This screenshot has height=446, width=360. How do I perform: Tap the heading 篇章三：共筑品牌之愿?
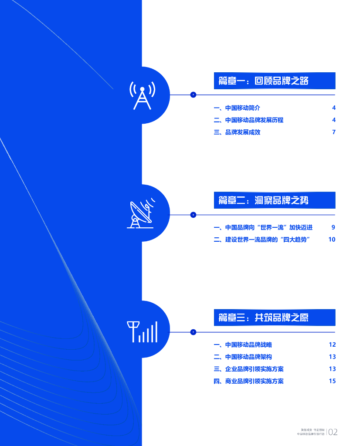tap(263, 318)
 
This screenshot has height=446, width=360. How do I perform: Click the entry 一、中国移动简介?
tap(237, 108)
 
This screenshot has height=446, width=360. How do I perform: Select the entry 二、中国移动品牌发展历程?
tap(248, 120)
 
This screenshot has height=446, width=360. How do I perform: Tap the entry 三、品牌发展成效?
tap(237, 132)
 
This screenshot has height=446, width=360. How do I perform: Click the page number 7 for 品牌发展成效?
tap(334, 132)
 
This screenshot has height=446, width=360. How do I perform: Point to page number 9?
tap(333, 227)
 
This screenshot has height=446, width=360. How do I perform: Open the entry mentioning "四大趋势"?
tap(265, 240)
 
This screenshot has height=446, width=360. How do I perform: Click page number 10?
tap(332, 240)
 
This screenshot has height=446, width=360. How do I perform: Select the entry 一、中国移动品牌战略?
tap(243, 345)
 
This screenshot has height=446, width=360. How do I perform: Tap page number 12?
tap(333, 345)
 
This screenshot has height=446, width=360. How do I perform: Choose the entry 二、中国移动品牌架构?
tap(243, 357)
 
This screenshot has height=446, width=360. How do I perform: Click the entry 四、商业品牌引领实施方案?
tap(248, 381)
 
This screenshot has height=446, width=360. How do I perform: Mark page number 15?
tap(333, 381)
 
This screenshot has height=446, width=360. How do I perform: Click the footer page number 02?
tap(333, 432)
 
